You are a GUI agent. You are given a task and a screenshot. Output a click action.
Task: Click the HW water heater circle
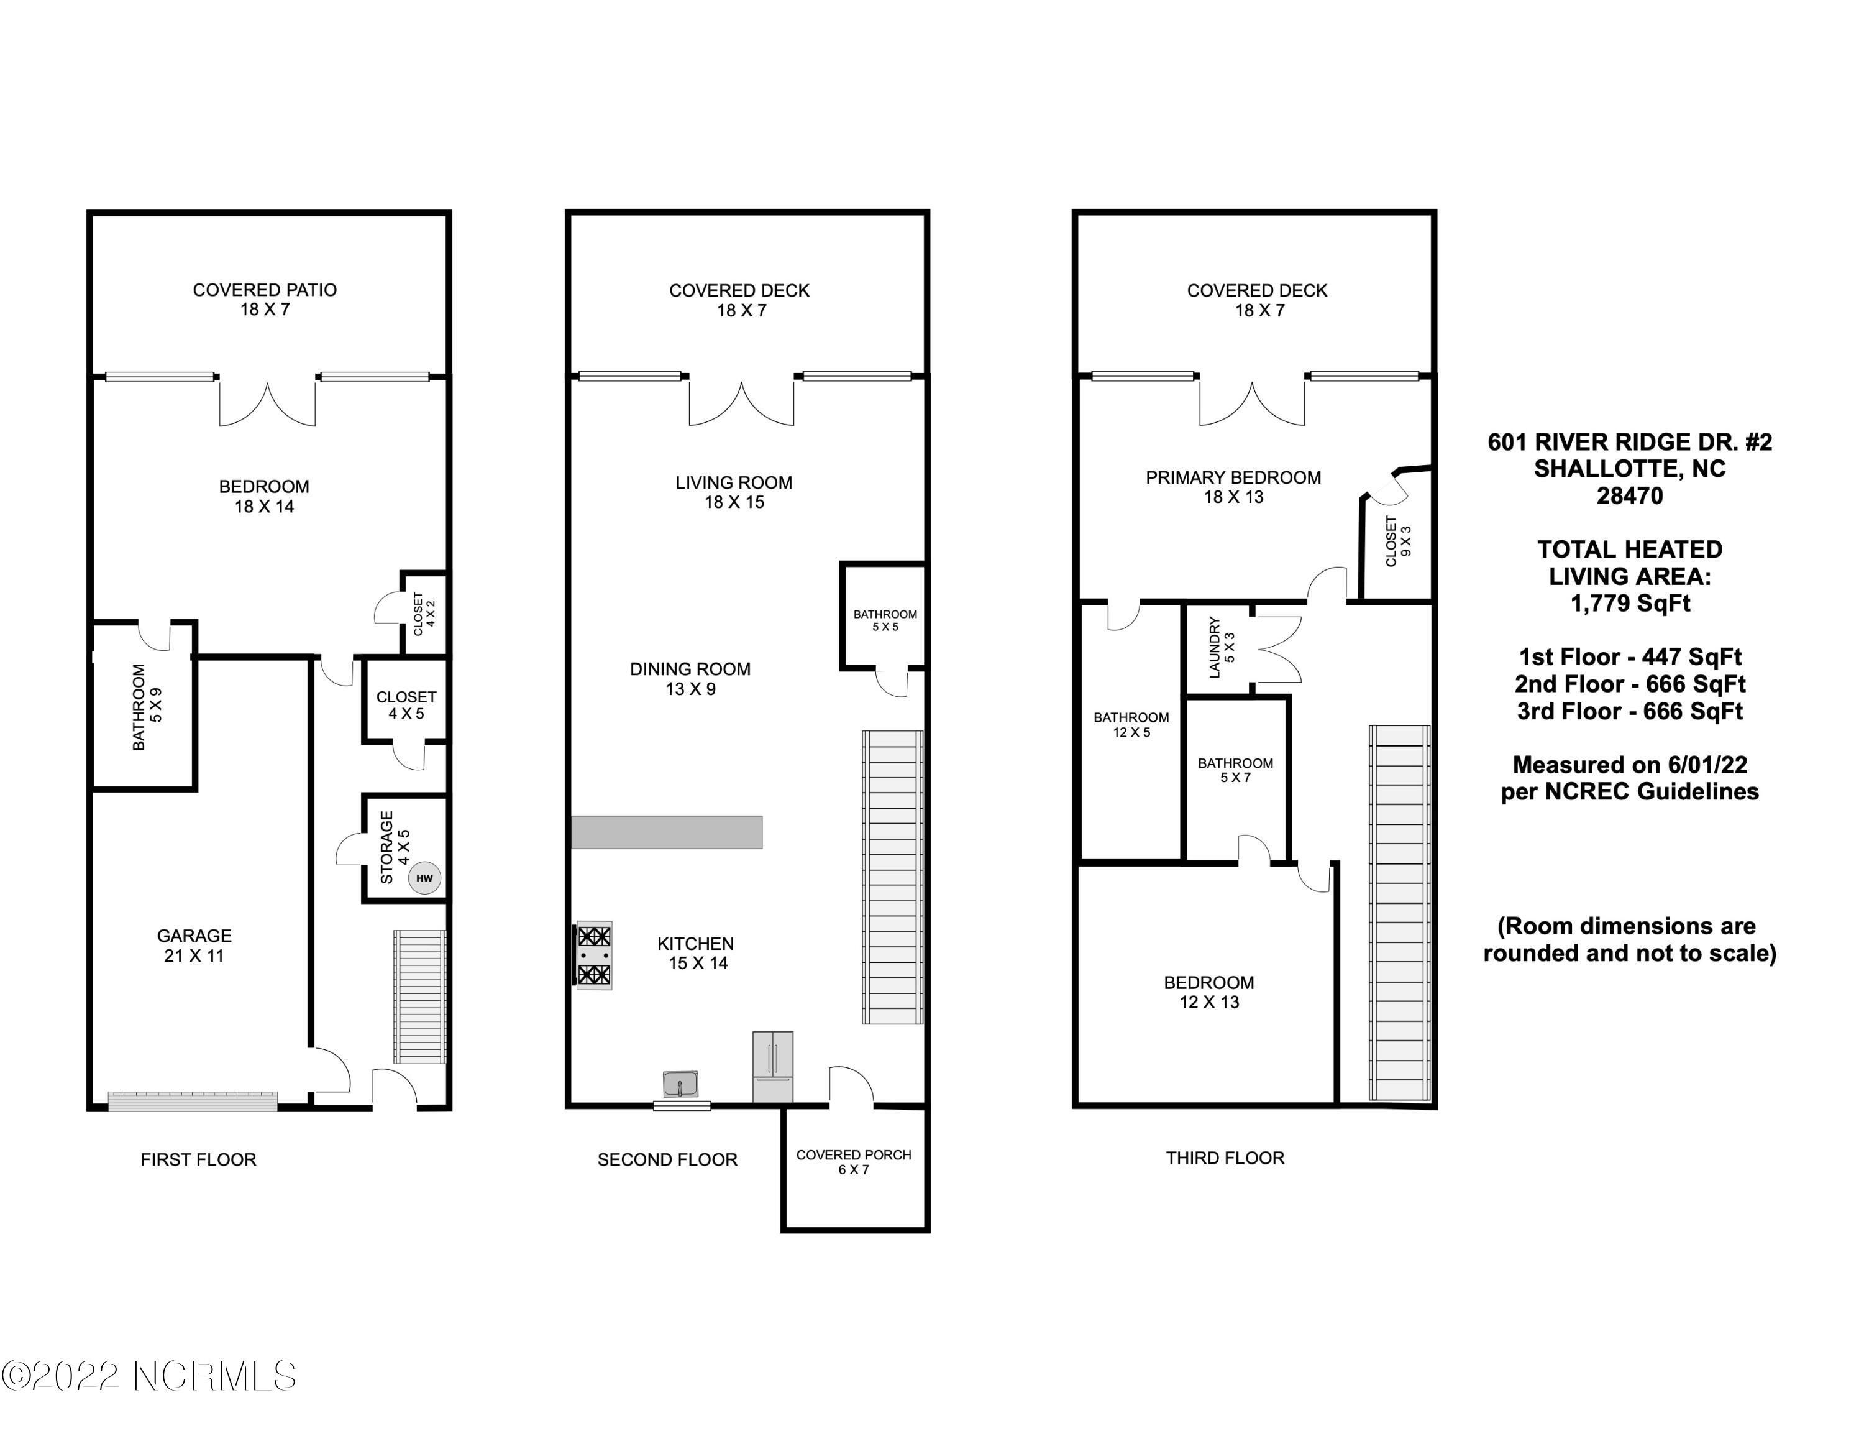pos(424,878)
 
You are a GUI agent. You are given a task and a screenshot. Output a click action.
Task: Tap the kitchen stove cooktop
pos(594,955)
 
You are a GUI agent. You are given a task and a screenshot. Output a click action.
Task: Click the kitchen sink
pos(680,1084)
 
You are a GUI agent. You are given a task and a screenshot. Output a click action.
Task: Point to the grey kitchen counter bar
pos(667,832)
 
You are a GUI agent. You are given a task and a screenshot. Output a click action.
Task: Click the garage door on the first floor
pos(193,1101)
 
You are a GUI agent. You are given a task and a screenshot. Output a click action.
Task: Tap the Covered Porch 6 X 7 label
pos(854,1162)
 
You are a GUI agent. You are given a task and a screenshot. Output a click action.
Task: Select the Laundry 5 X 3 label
pos(1222,647)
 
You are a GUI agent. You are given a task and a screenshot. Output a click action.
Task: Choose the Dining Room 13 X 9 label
pos(690,679)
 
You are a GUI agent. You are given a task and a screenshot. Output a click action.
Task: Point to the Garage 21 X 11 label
pos(194,945)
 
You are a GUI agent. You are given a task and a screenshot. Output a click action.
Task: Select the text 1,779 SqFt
pos(1630,604)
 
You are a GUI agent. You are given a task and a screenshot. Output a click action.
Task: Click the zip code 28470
pos(1630,496)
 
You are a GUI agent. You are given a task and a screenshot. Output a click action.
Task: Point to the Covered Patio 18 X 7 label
pos(265,299)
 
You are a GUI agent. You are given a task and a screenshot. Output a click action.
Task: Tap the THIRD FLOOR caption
pos(1225,1158)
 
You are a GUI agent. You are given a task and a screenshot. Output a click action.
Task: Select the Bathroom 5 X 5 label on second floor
pos(885,620)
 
